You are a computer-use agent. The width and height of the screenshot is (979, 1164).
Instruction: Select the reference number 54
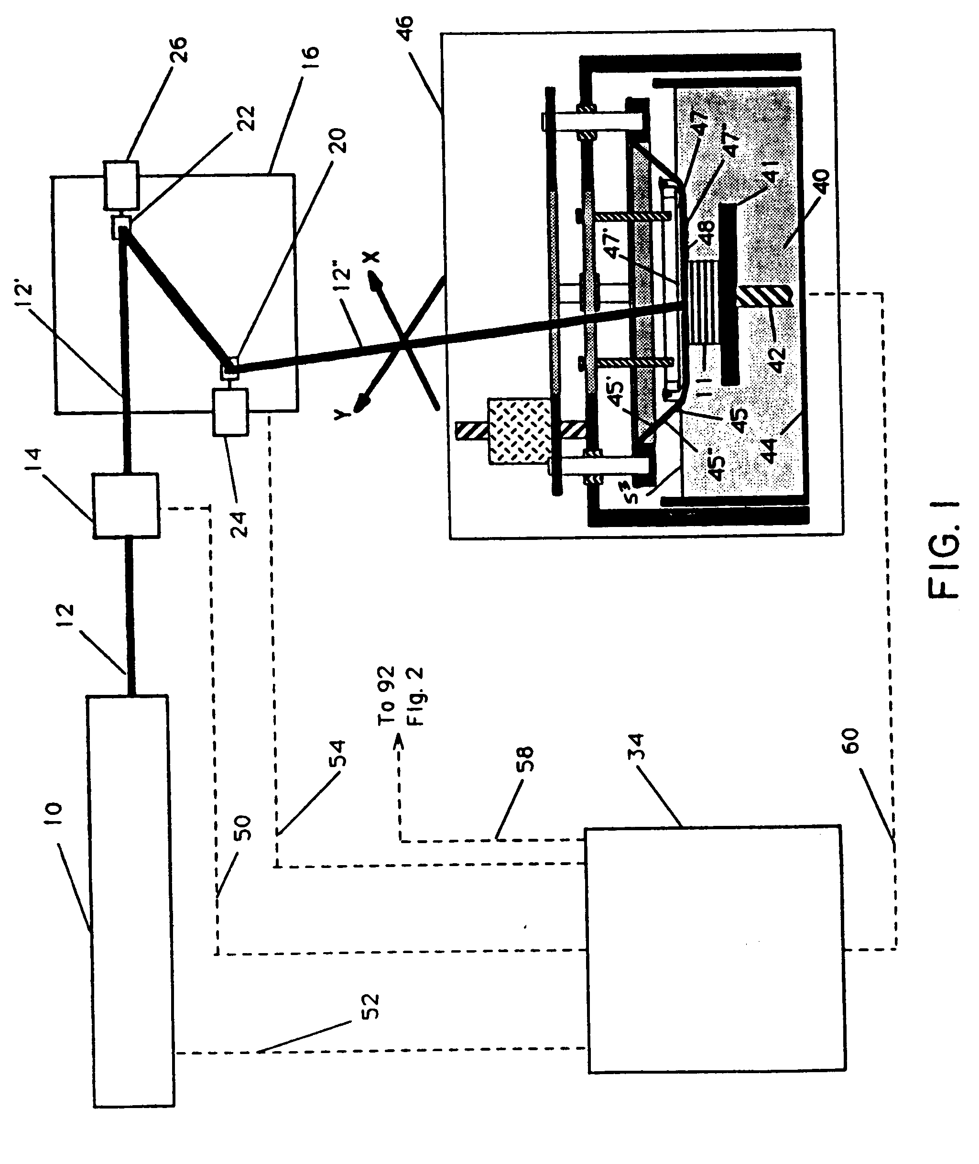[x=337, y=753]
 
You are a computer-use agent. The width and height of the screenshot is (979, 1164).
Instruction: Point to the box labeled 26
[x=120, y=186]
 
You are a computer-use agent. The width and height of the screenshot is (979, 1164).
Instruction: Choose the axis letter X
[x=372, y=256]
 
